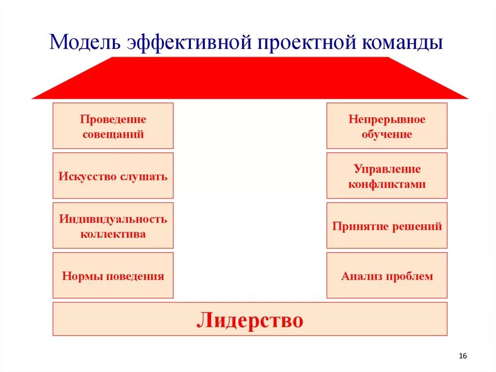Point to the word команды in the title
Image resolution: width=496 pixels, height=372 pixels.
click(x=402, y=42)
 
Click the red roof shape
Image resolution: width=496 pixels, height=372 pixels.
click(x=250, y=78)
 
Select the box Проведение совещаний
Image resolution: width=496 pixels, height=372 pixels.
click(x=113, y=126)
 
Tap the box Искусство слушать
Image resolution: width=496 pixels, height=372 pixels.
click(x=113, y=176)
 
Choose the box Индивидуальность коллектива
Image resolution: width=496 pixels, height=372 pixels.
click(x=113, y=226)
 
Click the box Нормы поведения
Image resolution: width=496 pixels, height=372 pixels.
click(x=113, y=275)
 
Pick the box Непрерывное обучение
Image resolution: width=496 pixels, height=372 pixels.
click(x=387, y=126)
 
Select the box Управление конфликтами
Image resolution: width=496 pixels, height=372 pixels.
click(x=387, y=176)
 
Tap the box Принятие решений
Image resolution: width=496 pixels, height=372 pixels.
click(x=387, y=226)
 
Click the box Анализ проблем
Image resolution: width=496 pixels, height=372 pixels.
click(x=387, y=275)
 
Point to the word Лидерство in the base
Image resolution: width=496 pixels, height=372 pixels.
click(x=250, y=320)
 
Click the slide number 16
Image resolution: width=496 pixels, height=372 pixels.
click(x=462, y=356)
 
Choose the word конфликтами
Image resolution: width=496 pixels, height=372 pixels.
click(x=387, y=184)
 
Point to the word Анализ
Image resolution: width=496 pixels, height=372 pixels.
click(x=359, y=276)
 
